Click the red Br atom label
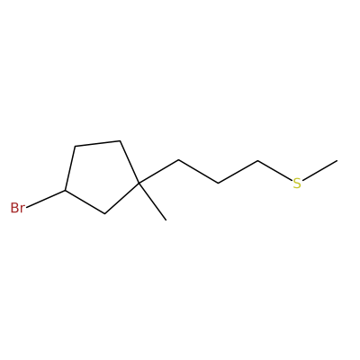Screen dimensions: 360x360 [x=17, y=208]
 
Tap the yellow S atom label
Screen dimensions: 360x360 [x=297, y=184]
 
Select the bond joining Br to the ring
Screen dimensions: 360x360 [x=46, y=199]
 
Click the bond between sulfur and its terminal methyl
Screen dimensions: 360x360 [x=319, y=171]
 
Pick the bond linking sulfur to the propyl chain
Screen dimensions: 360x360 [x=274, y=171]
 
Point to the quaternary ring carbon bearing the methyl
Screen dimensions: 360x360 [x=139, y=183]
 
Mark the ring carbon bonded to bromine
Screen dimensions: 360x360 [x=65, y=190]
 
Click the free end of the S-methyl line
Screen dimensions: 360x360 [x=337, y=161]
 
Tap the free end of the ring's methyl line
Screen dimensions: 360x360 [x=166, y=220]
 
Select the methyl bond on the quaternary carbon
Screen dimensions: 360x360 [x=152, y=202]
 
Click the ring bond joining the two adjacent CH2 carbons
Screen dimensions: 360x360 [x=97, y=143]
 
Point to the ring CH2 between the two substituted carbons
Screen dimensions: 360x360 [x=104, y=213]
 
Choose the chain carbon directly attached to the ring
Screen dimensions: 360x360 [x=178, y=160]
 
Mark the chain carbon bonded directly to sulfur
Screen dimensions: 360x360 [x=257, y=161]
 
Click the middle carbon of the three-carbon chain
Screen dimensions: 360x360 [x=218, y=183]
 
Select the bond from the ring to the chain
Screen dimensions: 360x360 [x=158, y=171]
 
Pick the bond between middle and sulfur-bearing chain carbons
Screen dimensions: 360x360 [x=238, y=172]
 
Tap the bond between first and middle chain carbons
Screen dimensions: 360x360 [x=198, y=172]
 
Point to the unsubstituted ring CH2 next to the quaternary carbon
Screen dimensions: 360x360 [x=120, y=140]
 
